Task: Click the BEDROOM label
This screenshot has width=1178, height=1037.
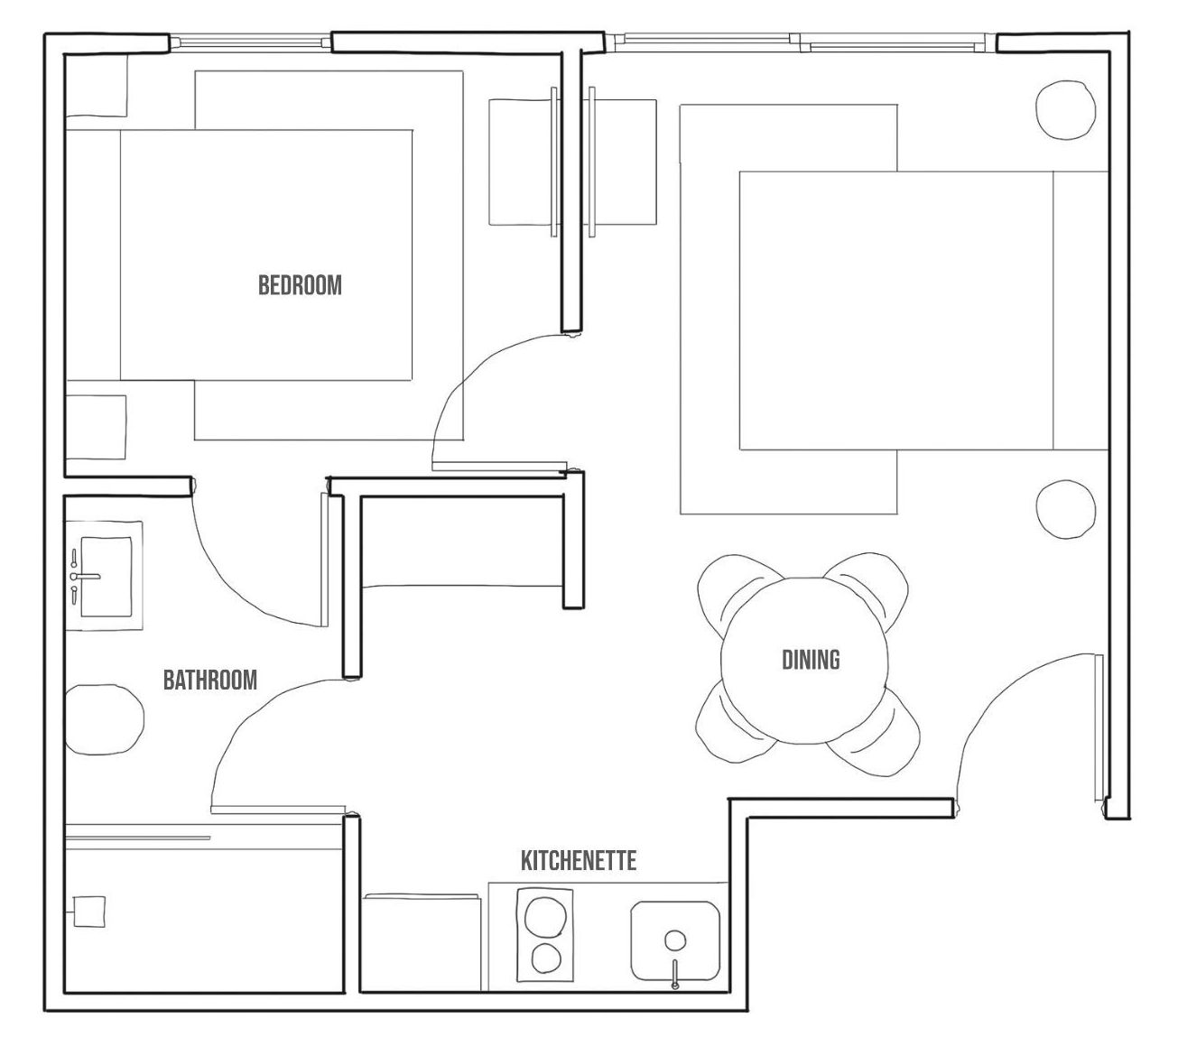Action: tap(300, 285)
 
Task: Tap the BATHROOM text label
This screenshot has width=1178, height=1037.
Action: tap(209, 680)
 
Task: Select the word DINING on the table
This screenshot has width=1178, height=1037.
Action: tap(810, 660)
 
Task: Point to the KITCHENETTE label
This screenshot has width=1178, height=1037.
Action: tap(578, 860)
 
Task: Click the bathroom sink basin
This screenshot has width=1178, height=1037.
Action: tap(107, 576)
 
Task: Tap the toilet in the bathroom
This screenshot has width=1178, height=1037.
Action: tap(103, 719)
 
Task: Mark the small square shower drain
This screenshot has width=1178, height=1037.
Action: tap(88, 910)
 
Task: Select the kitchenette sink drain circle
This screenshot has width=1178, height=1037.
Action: tap(674, 940)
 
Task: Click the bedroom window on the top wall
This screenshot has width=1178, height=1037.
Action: tap(251, 42)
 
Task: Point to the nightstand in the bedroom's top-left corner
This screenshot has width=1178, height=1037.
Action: tap(96, 85)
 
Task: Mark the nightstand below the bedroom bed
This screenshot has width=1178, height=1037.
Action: tap(96, 427)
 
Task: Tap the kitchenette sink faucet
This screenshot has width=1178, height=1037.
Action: tap(674, 974)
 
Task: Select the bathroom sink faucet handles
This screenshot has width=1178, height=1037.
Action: tap(73, 576)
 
